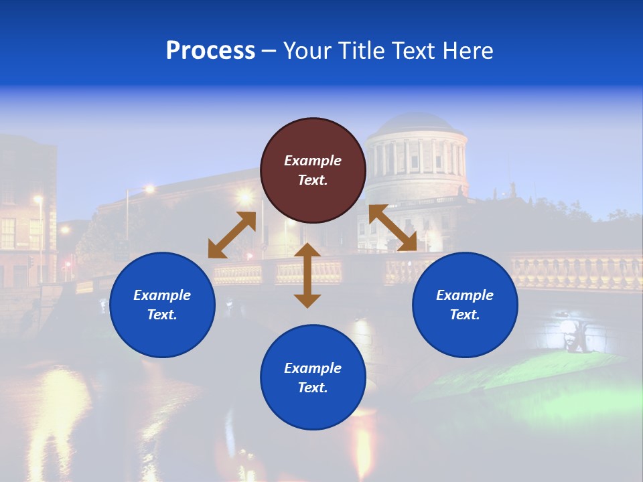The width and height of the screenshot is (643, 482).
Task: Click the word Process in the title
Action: click(x=210, y=51)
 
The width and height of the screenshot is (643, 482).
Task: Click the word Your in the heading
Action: click(x=308, y=51)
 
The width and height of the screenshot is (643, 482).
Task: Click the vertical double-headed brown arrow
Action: click(x=307, y=275)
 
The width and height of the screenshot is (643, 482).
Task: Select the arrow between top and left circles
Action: click(x=232, y=235)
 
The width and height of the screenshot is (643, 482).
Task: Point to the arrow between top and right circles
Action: click(x=392, y=228)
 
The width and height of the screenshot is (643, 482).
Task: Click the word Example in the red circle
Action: click(x=313, y=161)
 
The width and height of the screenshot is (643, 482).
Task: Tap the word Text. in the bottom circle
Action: click(x=313, y=388)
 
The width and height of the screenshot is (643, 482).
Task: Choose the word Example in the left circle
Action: click(x=162, y=295)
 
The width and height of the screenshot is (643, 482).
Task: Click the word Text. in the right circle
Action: click(x=465, y=315)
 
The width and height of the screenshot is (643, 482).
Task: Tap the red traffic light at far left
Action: click(x=67, y=265)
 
